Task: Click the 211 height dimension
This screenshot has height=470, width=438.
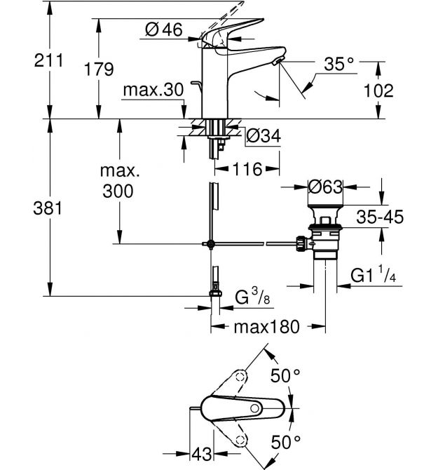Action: click(26, 61)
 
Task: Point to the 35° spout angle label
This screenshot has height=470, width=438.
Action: click(340, 64)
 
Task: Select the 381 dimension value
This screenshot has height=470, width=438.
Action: click(26, 208)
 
